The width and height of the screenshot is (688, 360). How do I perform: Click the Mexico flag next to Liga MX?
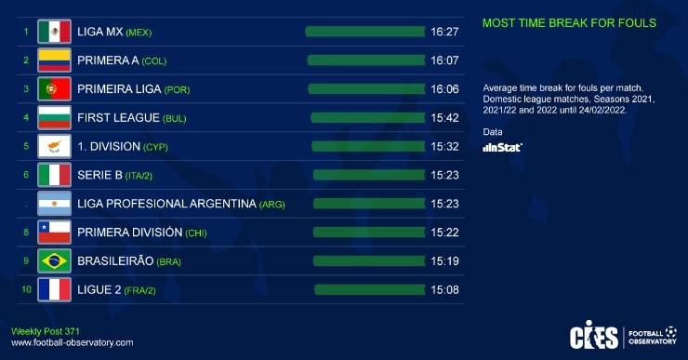pyautogui.click(x=54, y=32)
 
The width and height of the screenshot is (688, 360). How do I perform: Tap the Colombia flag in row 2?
pyautogui.click(x=54, y=60)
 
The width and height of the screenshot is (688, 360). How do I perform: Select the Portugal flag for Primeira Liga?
pyautogui.click(x=54, y=89)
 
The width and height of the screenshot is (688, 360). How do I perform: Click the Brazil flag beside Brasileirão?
pyautogui.click(x=54, y=260)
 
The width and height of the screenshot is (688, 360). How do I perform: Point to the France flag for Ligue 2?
pyautogui.click(x=54, y=289)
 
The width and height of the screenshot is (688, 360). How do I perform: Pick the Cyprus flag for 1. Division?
pyautogui.click(x=54, y=146)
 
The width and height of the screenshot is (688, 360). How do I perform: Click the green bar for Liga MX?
pyautogui.click(x=365, y=32)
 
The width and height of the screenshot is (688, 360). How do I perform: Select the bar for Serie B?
pyautogui.click(x=369, y=175)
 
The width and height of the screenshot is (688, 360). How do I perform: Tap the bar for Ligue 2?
pyautogui.click(x=370, y=289)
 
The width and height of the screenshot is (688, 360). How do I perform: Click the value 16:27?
pyautogui.click(x=445, y=32)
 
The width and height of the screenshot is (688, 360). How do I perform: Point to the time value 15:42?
pyautogui.click(x=445, y=118)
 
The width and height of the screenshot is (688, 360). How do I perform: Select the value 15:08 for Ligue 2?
pyautogui.click(x=445, y=289)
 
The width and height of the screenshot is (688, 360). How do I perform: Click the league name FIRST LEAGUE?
pyautogui.click(x=118, y=118)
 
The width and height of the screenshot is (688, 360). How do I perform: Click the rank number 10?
pyautogui.click(x=26, y=289)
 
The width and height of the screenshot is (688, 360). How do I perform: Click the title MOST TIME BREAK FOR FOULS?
pyautogui.click(x=569, y=22)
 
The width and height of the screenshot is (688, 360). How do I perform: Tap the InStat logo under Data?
pyautogui.click(x=503, y=147)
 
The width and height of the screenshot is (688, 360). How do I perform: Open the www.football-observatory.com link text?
pyautogui.click(x=72, y=343)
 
